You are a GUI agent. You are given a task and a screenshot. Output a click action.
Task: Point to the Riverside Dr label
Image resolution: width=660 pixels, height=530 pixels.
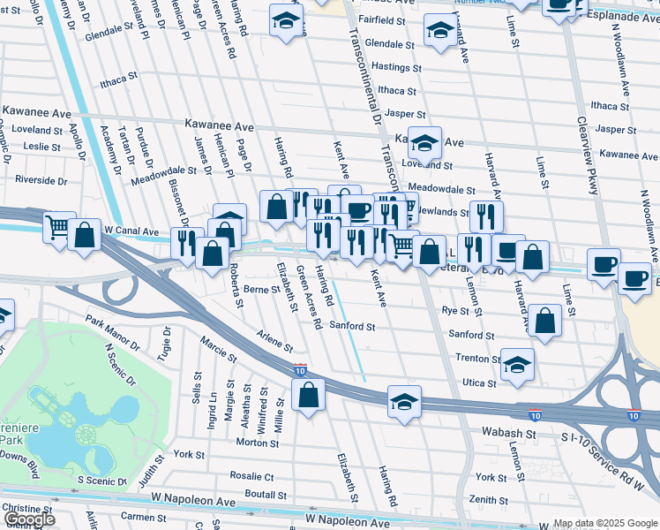click(41, 181)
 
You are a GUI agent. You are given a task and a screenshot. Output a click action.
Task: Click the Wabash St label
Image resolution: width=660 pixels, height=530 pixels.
click(510, 435)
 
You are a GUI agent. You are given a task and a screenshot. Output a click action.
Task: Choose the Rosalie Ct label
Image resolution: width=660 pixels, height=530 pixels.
click(251, 476)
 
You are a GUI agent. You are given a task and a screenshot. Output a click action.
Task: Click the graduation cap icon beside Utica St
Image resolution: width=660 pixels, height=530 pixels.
click(517, 363)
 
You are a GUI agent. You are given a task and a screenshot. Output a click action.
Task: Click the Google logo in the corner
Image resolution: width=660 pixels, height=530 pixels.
click(30, 519)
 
